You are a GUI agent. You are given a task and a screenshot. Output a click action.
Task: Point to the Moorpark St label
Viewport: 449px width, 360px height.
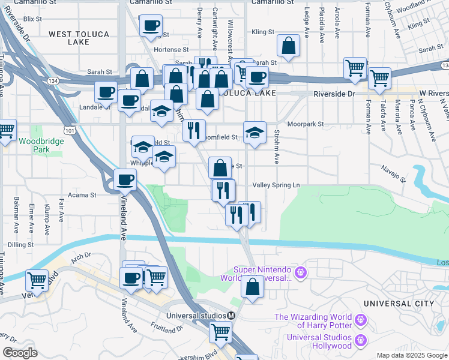point(305,124)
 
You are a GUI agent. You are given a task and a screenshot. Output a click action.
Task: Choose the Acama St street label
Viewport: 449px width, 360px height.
point(83,195)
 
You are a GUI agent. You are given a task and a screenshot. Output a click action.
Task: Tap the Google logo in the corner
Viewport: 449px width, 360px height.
point(20,353)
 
